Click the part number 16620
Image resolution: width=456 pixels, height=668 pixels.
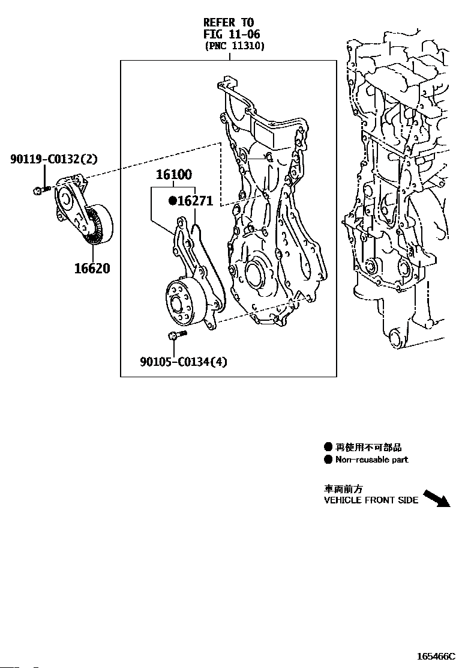[92, 268]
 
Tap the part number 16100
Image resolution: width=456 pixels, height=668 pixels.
[174, 175]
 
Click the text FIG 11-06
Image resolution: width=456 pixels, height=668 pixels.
[232, 34]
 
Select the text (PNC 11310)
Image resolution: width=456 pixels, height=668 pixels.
[235, 46]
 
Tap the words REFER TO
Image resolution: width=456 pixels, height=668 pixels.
[229, 23]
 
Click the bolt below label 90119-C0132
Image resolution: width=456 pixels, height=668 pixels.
[41, 190]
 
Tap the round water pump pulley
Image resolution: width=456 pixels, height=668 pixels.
[181, 303]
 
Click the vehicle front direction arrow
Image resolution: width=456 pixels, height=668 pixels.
[437, 498]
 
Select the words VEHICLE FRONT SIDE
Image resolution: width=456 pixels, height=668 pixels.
[371, 500]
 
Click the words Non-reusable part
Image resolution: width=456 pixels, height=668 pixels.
[371, 460]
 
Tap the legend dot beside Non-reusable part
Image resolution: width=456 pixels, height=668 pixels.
[328, 460]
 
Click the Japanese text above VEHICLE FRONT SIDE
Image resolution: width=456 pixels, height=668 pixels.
[343, 489]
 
